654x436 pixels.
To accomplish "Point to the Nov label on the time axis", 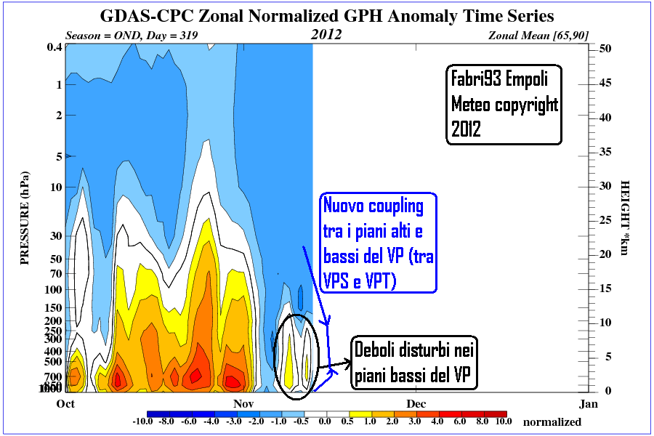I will [243, 403].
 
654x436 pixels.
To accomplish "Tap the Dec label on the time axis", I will [416, 403].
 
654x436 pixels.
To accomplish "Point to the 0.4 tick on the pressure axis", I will [53, 48].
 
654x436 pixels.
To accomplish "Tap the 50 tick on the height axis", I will [605, 48].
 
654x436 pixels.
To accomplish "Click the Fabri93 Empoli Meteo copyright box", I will [504, 105].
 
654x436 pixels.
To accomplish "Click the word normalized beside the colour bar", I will [552, 421].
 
